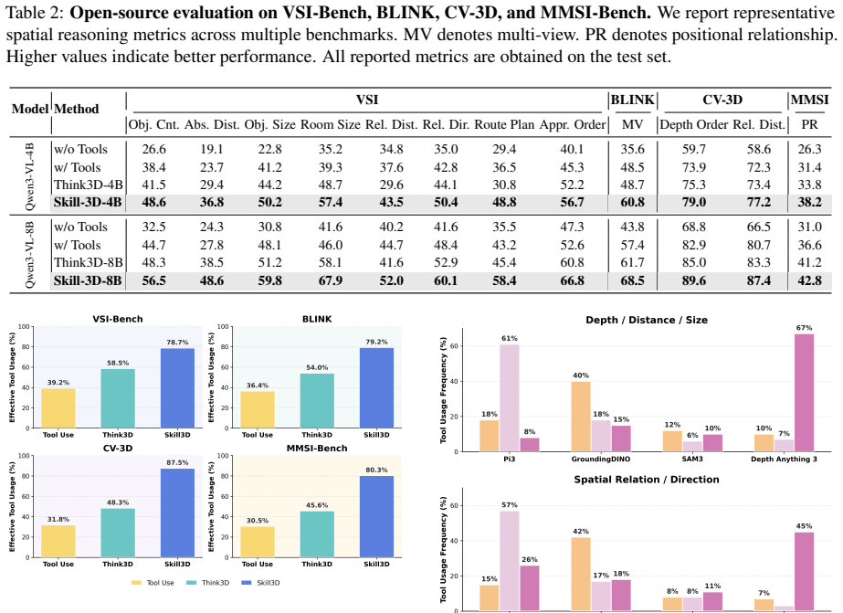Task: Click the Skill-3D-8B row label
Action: [88, 280]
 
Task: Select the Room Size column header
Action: [330, 125]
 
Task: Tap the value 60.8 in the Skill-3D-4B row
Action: [632, 203]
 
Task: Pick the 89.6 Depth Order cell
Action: [693, 280]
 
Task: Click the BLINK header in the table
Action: [632, 100]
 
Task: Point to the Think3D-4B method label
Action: [89, 185]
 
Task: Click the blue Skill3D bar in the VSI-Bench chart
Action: [177, 388]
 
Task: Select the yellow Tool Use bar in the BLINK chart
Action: [257, 410]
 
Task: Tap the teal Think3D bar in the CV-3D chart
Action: [118, 533]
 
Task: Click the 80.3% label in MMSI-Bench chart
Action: [376, 470]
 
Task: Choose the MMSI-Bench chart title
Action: [317, 449]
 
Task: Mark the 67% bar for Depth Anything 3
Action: [805, 393]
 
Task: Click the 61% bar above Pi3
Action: [510, 398]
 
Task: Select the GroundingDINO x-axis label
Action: [601, 460]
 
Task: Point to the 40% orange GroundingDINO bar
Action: [581, 417]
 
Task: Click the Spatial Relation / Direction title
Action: [647, 480]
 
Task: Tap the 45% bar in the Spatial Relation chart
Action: [805, 572]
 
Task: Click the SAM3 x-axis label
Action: [692, 460]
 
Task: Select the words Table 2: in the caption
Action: [35, 13]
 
